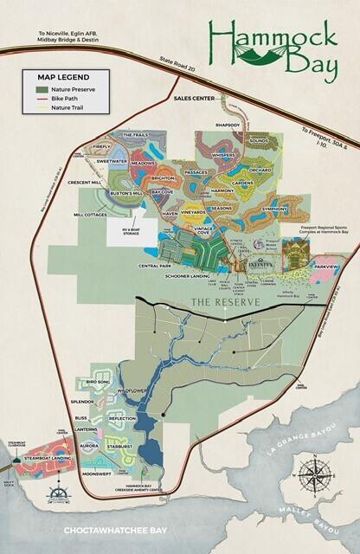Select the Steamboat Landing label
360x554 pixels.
pyautogui.click(x=48, y=457)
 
